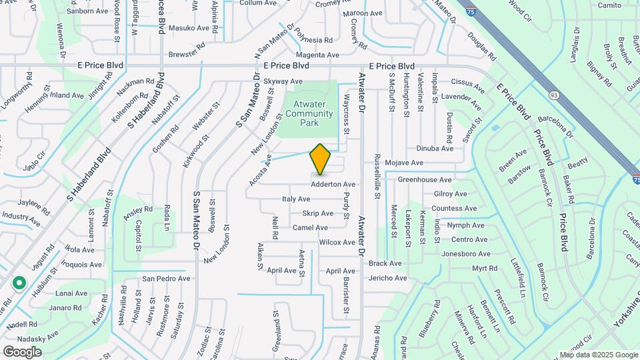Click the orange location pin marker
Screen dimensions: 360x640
321,159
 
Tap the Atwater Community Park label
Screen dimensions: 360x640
309,114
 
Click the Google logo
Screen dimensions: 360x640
22,351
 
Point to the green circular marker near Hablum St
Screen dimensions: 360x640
19,283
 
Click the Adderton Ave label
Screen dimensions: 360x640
333,184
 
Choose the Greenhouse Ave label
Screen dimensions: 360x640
425,180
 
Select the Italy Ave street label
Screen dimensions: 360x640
296,199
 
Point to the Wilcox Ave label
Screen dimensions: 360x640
337,243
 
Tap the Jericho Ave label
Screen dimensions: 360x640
387,279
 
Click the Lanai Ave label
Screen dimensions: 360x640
72,293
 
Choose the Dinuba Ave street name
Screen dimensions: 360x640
434,149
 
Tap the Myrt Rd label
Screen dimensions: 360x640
485,269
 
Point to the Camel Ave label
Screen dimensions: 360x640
310,228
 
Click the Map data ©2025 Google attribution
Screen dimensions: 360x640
599,355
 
